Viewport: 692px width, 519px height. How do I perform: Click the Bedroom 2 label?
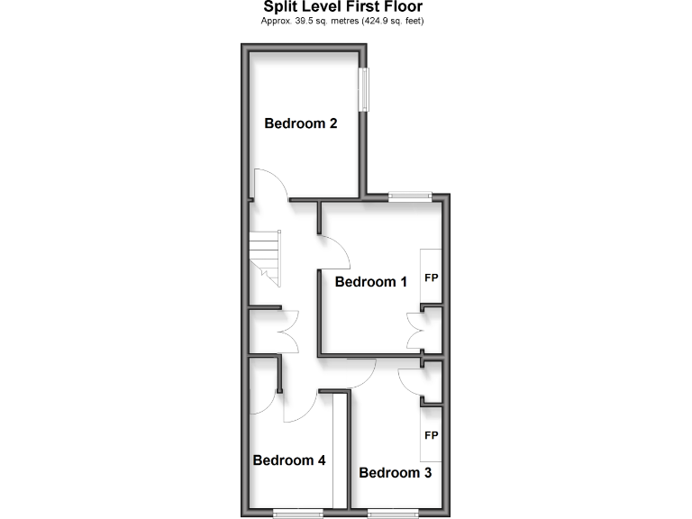point(300,123)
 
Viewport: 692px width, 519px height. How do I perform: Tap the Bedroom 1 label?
point(370,281)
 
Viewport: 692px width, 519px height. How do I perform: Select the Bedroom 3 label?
point(396,472)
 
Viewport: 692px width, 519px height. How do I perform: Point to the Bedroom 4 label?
point(288,460)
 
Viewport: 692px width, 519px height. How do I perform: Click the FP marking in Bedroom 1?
point(431,277)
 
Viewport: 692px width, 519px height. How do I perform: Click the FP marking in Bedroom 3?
point(431,435)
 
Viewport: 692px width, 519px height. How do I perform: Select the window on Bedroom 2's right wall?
point(364,90)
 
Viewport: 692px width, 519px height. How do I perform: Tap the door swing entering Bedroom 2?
point(271,187)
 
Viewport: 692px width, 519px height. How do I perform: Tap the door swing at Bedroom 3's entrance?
point(361,372)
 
